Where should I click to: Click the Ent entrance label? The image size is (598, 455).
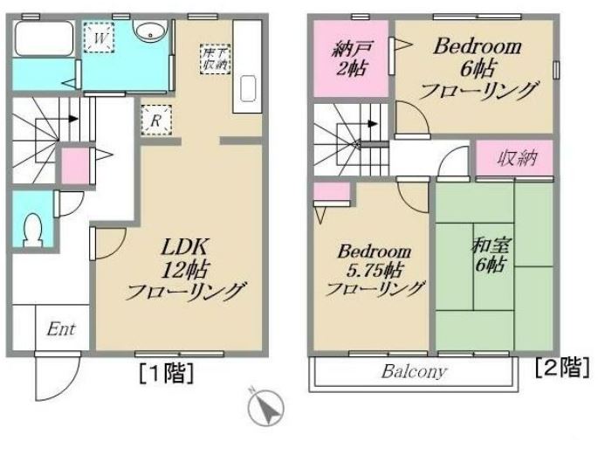(60, 329)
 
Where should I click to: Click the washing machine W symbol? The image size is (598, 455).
(99, 39)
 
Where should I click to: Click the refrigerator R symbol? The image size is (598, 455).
(155, 121)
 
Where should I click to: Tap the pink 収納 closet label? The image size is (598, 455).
(514, 159)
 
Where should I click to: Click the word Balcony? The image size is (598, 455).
(414, 371)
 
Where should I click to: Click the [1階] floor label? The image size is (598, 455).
(165, 375)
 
